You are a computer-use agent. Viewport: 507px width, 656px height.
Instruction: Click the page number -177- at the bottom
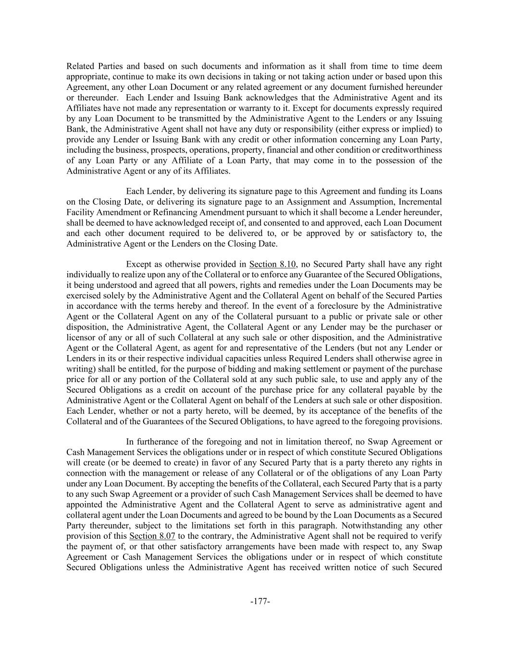coord(260,601)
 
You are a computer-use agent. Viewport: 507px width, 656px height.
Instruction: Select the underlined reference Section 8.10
coord(272,264)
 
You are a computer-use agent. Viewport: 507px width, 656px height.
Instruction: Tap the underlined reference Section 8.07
coord(152,536)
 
